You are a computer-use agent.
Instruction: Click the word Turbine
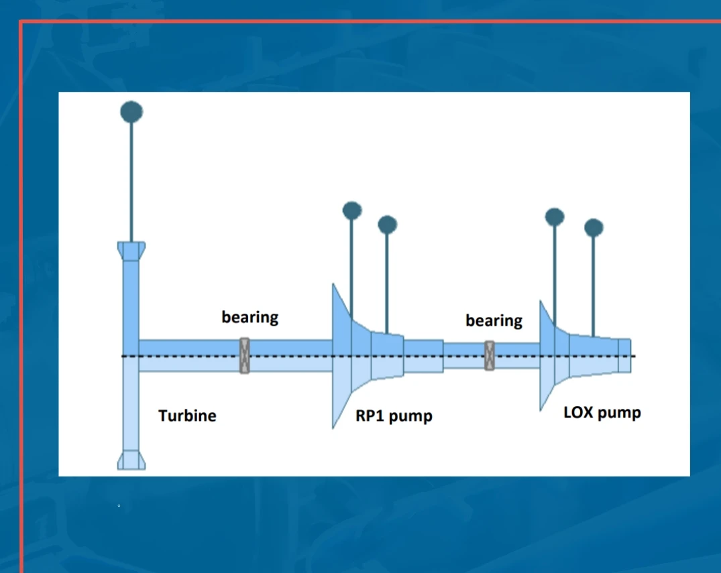(187, 416)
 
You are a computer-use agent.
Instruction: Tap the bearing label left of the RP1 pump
(249, 316)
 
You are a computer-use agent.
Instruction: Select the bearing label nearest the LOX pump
(494, 320)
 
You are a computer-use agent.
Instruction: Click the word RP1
(370, 416)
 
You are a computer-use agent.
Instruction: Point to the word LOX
(577, 412)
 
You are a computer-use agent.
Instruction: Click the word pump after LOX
(619, 413)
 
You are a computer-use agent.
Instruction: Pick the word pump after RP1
(410, 416)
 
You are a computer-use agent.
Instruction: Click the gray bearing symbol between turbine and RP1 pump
(245, 355)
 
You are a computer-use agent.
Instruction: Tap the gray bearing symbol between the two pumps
(490, 355)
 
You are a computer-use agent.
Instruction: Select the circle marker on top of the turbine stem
(131, 111)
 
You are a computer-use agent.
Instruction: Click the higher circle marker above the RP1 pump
(351, 210)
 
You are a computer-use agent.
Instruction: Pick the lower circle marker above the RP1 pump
(387, 225)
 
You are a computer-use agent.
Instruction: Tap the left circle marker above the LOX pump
(554, 216)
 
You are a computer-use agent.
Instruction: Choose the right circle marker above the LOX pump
(594, 228)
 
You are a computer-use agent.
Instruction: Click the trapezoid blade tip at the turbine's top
(131, 251)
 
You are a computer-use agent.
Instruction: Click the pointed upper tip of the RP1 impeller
(334, 287)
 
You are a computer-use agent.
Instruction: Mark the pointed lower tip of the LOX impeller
(541, 405)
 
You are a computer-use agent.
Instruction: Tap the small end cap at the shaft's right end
(624, 355)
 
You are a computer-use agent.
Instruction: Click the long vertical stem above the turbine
(131, 181)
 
